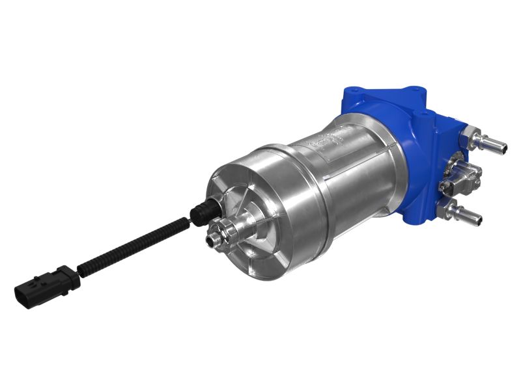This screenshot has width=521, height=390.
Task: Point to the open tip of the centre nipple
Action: (x=210, y=241)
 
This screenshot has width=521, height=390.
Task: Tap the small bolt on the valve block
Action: (x=445, y=188)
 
